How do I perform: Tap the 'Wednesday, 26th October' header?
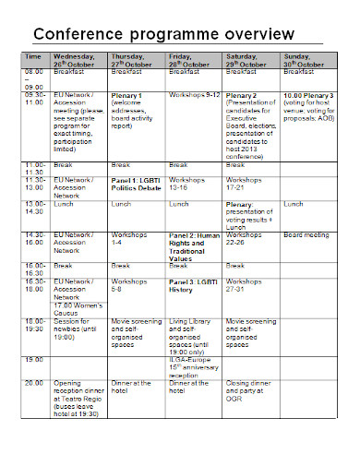79,60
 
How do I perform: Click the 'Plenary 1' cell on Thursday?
126,95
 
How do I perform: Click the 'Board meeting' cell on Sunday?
306,235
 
